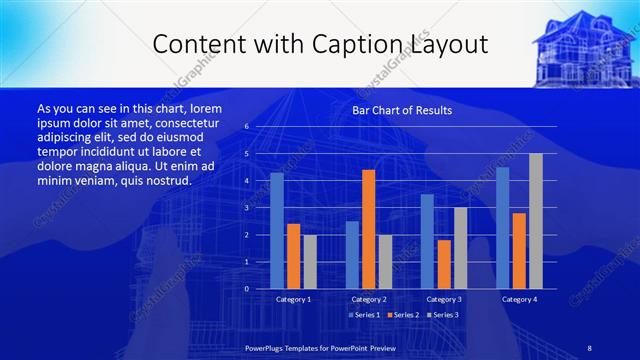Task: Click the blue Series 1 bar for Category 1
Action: pos(277,231)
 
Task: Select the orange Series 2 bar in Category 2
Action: pos(368,229)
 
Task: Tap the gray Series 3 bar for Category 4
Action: pos(535,221)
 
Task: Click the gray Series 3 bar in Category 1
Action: pos(310,262)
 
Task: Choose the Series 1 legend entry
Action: pos(365,315)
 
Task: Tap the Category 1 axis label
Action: pos(293,299)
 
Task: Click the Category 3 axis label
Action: pos(444,299)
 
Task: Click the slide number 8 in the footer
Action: pos(589,347)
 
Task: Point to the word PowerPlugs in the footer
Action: pos(266,347)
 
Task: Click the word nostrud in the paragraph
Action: pos(168,180)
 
